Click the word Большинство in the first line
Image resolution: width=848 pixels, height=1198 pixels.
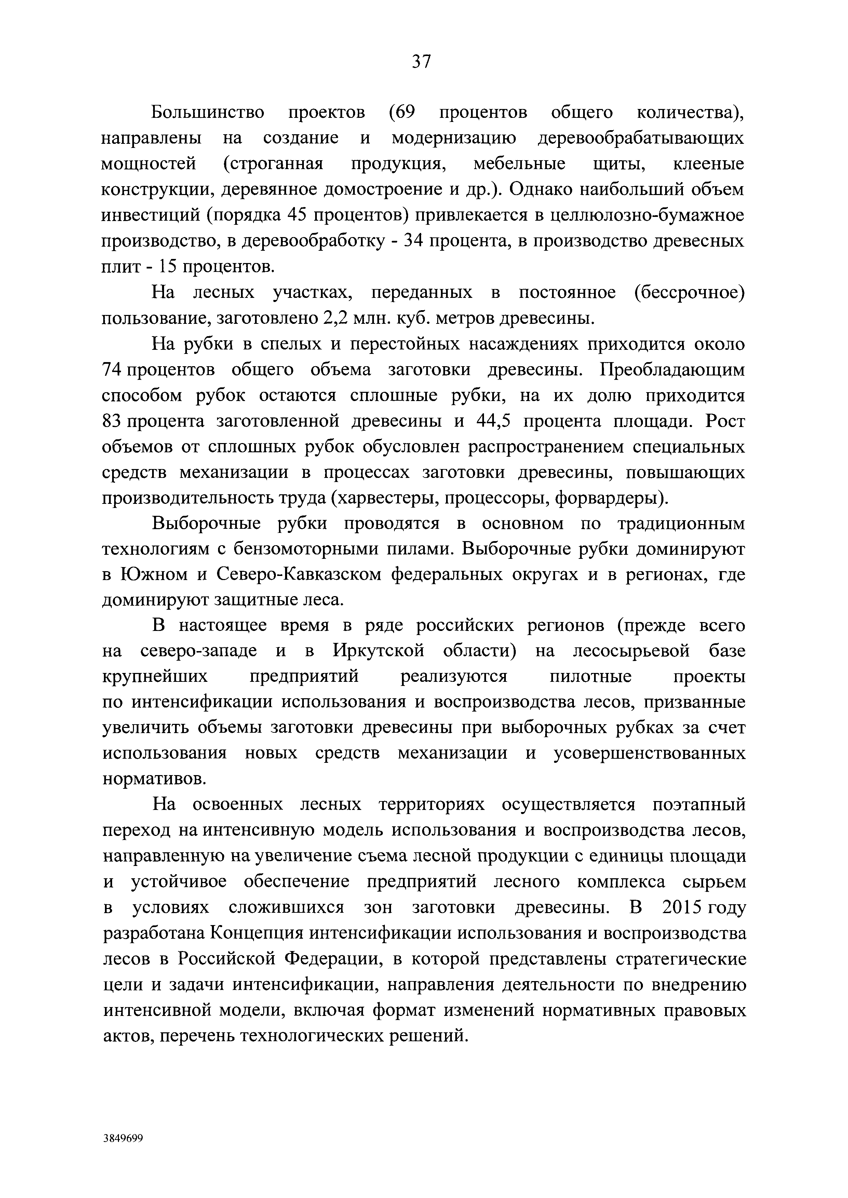click(208, 113)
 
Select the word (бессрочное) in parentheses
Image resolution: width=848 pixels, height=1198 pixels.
click(690, 293)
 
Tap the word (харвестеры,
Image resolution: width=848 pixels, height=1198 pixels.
click(385, 498)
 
